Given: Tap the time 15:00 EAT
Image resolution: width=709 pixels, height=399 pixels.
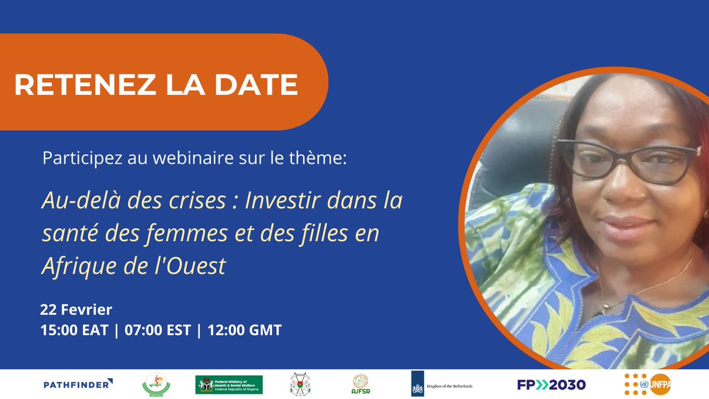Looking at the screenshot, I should pos(74,330).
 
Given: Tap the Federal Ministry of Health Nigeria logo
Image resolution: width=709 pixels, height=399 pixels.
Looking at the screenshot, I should pos(229,385).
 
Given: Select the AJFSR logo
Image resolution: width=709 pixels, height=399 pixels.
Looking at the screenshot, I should pos(360,385).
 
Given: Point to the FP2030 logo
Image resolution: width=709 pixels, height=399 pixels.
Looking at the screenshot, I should pos(551,385).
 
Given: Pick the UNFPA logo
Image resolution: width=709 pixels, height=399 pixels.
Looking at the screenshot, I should pos(648,385).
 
